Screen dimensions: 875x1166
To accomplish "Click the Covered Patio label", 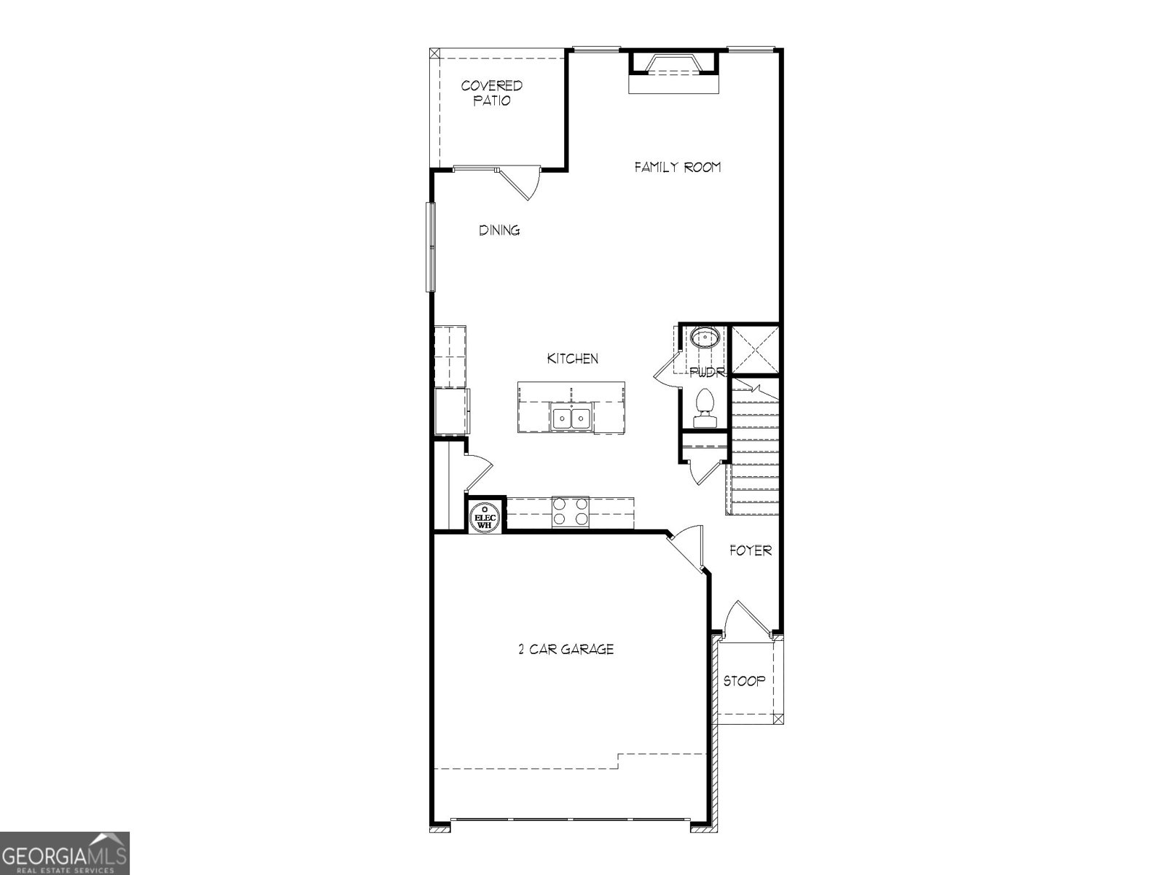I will (492, 93).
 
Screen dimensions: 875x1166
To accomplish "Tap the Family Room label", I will (678, 167).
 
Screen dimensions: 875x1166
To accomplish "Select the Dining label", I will (499, 230).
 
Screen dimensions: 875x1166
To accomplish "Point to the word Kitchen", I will (573, 358).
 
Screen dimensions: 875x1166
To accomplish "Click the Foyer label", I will (751, 551).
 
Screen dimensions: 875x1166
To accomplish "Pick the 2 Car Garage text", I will (566, 649).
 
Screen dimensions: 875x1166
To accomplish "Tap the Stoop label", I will (744, 681).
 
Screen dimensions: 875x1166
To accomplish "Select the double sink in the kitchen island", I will (571, 419).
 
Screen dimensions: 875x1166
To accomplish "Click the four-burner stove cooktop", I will (571, 511).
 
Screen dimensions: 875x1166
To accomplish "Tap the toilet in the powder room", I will (704, 409).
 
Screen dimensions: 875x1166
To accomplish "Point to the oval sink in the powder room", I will (705, 338).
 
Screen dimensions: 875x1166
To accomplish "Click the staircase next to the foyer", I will (755, 452).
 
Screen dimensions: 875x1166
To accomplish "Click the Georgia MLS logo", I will (64, 852).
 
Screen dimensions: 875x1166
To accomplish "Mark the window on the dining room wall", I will (431, 247).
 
